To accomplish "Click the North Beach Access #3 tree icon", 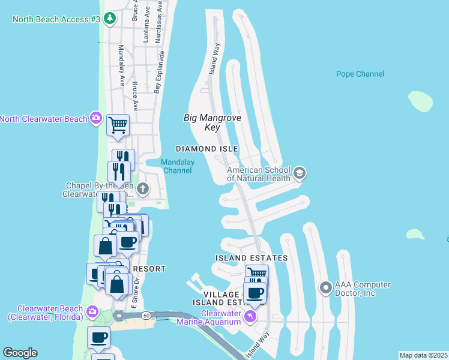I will (109, 19).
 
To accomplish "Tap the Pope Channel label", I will (360, 74).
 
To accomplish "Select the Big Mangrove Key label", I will (212, 122).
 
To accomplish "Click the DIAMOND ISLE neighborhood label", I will (206, 149).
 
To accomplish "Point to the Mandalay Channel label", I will (177, 166).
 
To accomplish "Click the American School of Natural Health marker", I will (300, 174).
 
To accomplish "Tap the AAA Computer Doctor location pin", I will (326, 289).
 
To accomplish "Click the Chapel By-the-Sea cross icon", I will (142, 190).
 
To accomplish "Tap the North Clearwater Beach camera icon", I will (95, 118).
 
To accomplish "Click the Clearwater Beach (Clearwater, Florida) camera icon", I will (92, 311).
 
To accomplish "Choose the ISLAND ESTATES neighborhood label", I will (252, 258).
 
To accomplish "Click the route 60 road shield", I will (146, 314).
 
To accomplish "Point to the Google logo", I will (20, 353).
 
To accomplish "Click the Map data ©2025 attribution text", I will (423, 355).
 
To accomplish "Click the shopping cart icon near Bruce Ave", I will (118, 125).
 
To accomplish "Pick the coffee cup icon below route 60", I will (99, 338).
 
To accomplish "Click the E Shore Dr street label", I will (137, 288).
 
